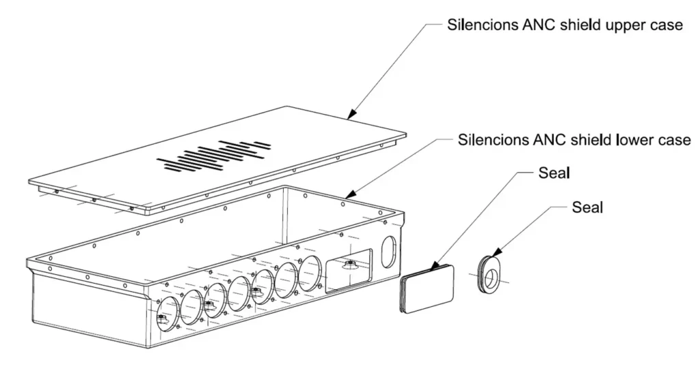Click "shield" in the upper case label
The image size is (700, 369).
569,25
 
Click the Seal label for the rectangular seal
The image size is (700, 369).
554,173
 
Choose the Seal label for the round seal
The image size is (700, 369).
587,207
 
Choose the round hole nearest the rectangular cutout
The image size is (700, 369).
310,273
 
